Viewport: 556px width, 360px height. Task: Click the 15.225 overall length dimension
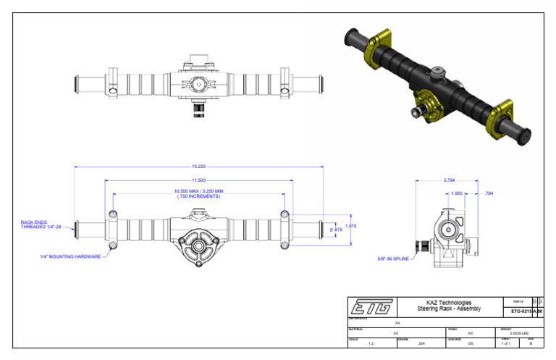coord(198,166)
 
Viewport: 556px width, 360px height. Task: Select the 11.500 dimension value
coord(198,180)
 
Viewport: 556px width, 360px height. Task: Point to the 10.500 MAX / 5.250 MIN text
coord(198,191)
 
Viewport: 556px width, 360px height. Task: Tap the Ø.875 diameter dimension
coord(335,230)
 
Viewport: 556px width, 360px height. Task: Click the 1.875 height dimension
coord(351,226)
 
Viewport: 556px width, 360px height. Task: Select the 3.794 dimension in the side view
coord(448,180)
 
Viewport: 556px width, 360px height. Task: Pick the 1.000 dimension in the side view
coord(456,193)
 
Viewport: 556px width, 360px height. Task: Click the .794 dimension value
coord(488,193)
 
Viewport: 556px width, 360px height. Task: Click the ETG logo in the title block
coord(371,306)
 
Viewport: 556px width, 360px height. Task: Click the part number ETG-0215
coord(521,311)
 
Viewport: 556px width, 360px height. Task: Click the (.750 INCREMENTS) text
coord(198,196)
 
